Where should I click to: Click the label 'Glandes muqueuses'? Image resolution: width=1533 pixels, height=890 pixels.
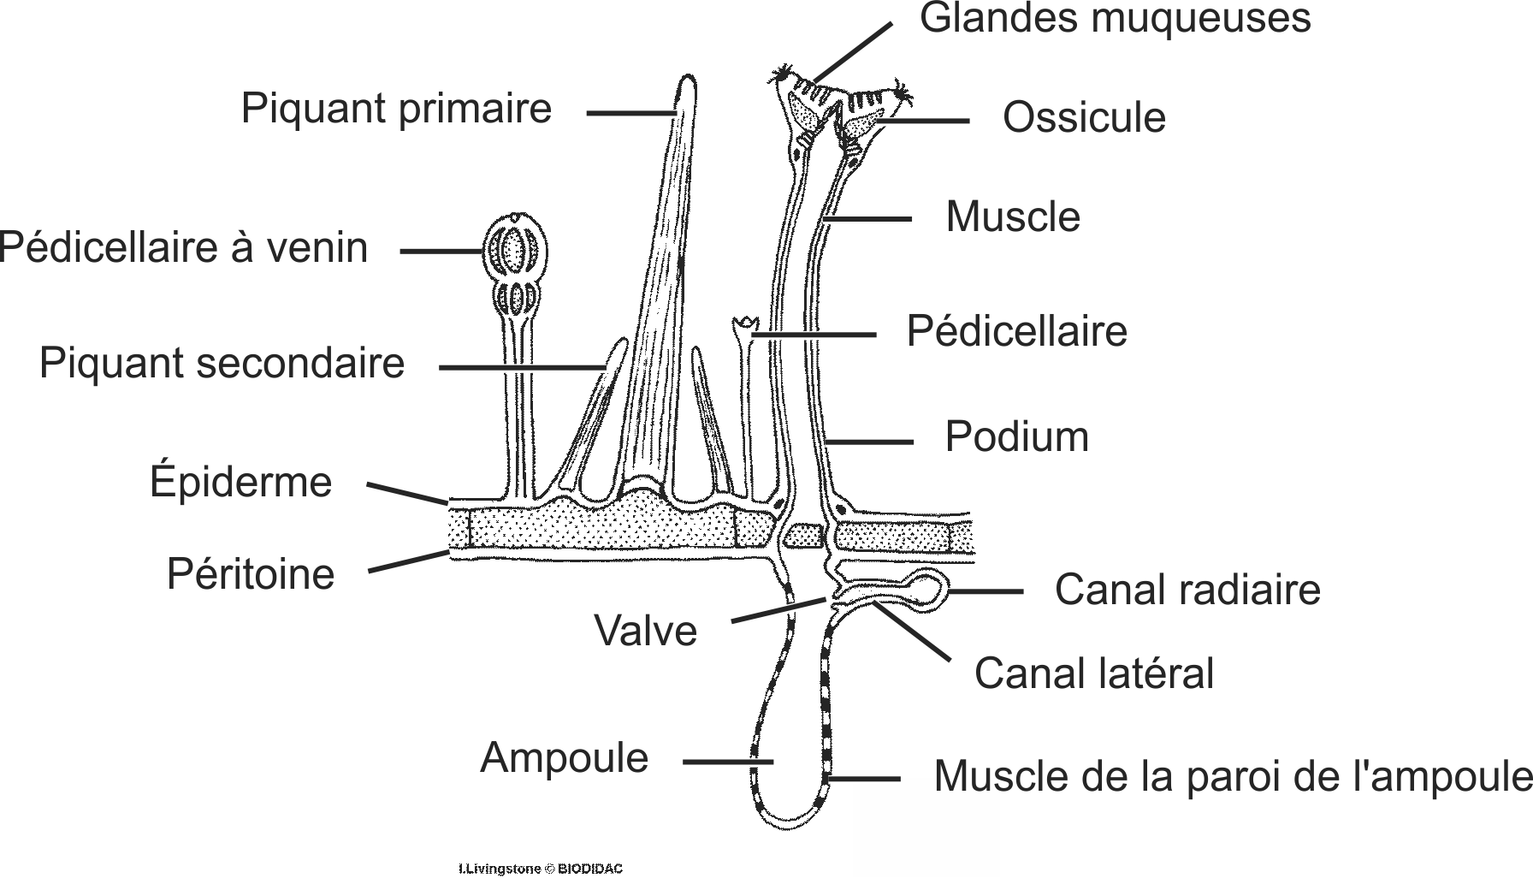1114,19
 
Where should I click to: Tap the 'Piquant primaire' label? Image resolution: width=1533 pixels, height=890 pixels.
396,109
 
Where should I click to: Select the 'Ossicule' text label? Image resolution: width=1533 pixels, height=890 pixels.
1083,118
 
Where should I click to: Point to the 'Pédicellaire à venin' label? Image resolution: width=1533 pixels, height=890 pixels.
183,248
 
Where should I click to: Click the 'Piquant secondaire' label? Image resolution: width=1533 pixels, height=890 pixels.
222,363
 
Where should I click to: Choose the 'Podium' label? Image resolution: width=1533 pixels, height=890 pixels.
1016,437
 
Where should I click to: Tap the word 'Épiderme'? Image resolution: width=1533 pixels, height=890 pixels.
240,482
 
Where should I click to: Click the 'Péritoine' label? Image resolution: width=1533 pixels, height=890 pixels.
250,573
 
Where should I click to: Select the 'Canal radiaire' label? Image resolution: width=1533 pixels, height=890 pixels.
1187,590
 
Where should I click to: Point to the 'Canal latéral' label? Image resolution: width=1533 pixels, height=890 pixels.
1093,673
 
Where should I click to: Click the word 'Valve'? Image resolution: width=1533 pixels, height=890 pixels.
645,632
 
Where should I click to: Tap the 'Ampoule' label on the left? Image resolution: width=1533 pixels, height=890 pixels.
564,758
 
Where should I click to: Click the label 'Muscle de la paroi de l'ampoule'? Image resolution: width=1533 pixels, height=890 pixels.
1232,776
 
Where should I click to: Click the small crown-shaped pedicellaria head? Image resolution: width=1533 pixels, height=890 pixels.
747,325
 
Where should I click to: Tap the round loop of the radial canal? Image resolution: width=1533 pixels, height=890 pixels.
926,589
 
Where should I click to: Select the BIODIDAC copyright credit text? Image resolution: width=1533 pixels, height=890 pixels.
541,869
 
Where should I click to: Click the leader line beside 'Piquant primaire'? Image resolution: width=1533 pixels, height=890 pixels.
630,111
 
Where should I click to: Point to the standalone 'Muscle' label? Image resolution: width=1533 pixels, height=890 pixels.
1012,217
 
